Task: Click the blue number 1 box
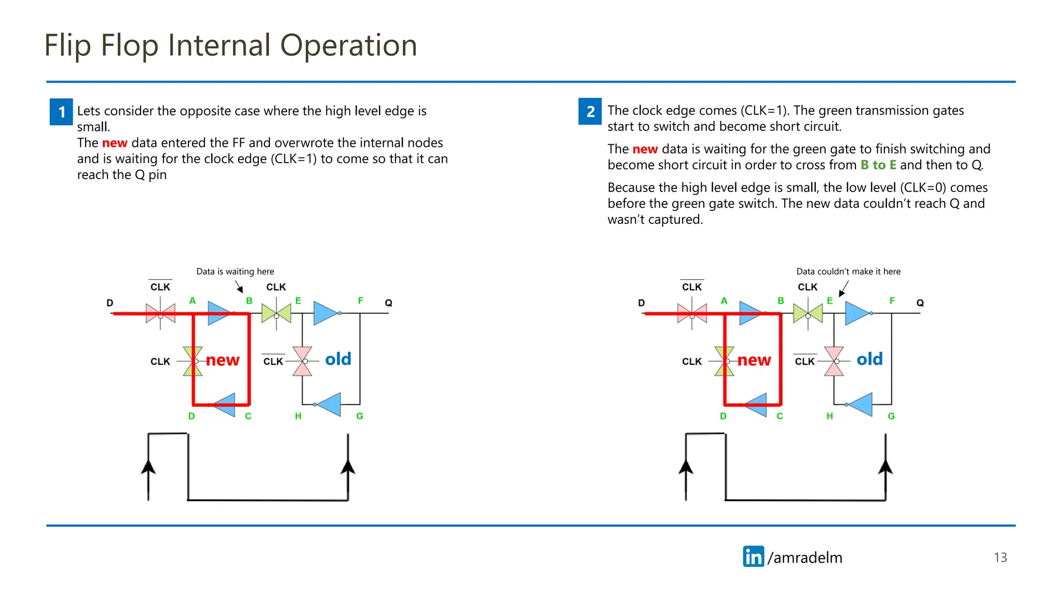(61, 112)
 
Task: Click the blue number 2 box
(590, 111)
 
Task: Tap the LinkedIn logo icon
(753, 556)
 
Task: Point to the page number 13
(1000, 558)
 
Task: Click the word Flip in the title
(67, 45)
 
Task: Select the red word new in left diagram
(223, 360)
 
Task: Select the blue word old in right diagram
(869, 359)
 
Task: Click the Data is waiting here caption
(235, 271)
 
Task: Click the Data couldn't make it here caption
(848, 271)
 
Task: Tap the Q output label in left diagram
(388, 303)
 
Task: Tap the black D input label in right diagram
(642, 303)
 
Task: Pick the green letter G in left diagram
(360, 416)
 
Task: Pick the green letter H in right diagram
(829, 416)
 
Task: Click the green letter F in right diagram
(892, 301)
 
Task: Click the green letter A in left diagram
(193, 301)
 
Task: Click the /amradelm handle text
(805, 558)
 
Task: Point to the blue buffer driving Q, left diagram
(325, 313)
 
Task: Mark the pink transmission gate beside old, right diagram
(834, 361)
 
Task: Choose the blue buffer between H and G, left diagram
(329, 404)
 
